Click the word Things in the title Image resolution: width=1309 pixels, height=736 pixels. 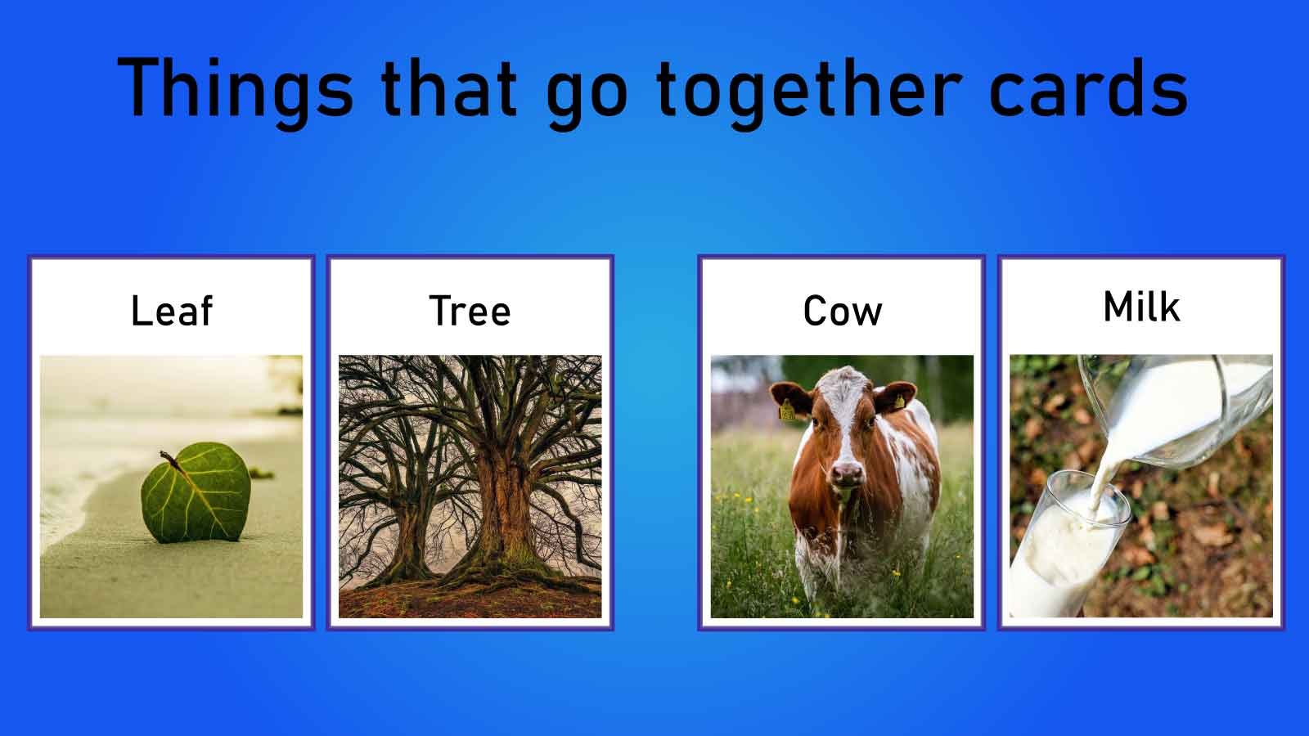(x=236, y=88)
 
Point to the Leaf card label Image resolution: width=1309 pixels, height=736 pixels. (x=172, y=311)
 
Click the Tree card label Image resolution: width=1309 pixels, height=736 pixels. (x=470, y=311)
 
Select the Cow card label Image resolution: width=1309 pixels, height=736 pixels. (x=842, y=311)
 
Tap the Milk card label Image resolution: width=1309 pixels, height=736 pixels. (x=1141, y=307)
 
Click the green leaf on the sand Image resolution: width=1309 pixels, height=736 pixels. (x=196, y=495)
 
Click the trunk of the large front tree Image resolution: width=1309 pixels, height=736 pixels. (x=503, y=507)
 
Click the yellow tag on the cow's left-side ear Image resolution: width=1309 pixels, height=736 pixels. (x=787, y=411)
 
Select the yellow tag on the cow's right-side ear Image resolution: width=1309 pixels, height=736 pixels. (x=898, y=402)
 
